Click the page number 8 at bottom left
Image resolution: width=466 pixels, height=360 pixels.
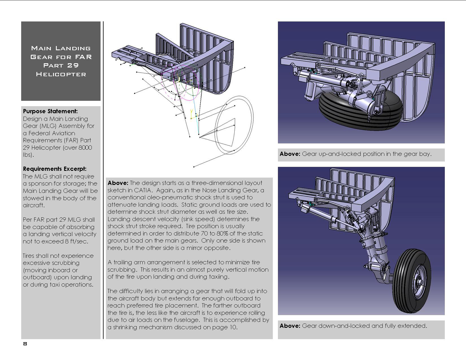(x=25, y=344)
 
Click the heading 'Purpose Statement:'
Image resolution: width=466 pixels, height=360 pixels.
(x=50, y=111)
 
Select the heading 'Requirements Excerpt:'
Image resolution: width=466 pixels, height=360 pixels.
(x=55, y=169)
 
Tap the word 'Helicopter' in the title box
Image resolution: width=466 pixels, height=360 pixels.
(x=61, y=74)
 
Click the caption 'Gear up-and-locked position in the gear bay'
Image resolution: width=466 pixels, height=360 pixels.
(x=367, y=154)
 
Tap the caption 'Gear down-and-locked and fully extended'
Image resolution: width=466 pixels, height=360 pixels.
(x=364, y=326)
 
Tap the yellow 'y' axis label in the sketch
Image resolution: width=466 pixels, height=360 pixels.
(x=191, y=111)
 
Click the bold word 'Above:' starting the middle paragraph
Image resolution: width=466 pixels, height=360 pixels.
(x=118, y=183)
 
